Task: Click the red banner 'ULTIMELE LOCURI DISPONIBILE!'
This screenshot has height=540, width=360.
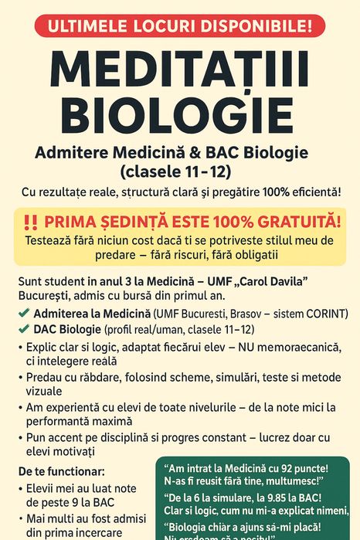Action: pos(180,25)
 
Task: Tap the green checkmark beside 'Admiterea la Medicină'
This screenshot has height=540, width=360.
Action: pos(25,314)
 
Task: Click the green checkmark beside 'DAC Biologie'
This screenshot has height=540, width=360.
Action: pos(25,330)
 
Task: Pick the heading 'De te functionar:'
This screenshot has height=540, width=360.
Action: pos(60,470)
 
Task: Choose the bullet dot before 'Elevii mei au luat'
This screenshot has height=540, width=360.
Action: pos(21,487)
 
